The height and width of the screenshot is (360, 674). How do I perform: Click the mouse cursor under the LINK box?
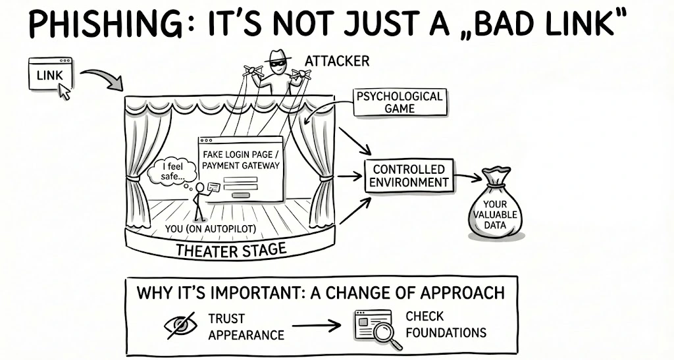(65, 92)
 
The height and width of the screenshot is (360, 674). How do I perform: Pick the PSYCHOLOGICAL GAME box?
(398, 102)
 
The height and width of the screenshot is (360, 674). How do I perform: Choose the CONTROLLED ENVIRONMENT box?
(409, 176)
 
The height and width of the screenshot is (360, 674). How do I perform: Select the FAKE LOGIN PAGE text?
(240, 153)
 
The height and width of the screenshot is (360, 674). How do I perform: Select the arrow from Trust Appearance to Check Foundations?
(316, 325)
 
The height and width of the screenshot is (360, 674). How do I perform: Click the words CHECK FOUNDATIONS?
(445, 324)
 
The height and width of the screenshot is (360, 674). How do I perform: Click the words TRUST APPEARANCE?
(246, 326)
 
